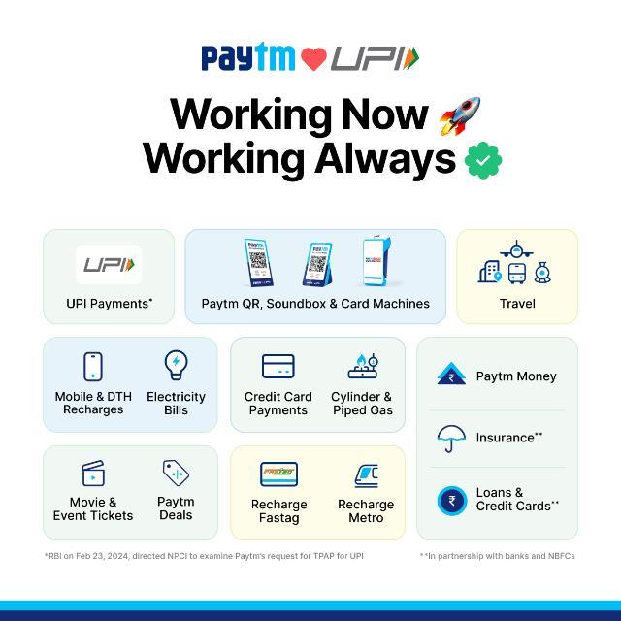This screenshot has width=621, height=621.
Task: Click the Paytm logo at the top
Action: pyautogui.click(x=248, y=57)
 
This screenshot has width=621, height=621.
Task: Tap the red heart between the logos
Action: pyautogui.click(x=313, y=59)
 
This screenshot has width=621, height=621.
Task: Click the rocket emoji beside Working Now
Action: pyautogui.click(x=460, y=116)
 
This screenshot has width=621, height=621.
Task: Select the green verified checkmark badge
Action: pyautogui.click(x=483, y=160)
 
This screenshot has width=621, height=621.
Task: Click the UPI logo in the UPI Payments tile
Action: pyautogui.click(x=109, y=265)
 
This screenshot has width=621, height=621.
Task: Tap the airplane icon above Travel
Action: pyautogui.click(x=516, y=250)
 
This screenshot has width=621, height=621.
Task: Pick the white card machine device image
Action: pyautogui.click(x=376, y=260)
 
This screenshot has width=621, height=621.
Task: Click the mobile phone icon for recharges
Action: pyautogui.click(x=93, y=367)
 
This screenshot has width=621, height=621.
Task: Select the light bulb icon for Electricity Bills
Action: pyautogui.click(x=176, y=365)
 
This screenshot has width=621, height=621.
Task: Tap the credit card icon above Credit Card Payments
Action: pyautogui.click(x=278, y=367)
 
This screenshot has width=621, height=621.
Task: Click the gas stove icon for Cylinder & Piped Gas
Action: pyautogui.click(x=363, y=366)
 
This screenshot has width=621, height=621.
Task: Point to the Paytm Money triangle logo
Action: pyautogui.click(x=451, y=374)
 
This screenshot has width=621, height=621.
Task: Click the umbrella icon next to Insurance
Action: pyautogui.click(x=451, y=439)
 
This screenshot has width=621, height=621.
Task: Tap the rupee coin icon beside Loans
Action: pyautogui.click(x=452, y=501)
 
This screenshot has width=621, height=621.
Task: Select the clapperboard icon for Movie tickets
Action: pyautogui.click(x=93, y=473)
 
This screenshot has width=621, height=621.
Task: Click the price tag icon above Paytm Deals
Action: pyautogui.click(x=176, y=473)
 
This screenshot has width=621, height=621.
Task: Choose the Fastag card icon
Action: pyautogui.click(x=278, y=474)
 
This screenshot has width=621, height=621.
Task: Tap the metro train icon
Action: pyautogui.click(x=367, y=475)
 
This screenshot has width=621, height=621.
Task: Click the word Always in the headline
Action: pyautogui.click(x=385, y=159)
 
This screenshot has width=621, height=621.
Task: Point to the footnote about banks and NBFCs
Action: pyautogui.click(x=497, y=556)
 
